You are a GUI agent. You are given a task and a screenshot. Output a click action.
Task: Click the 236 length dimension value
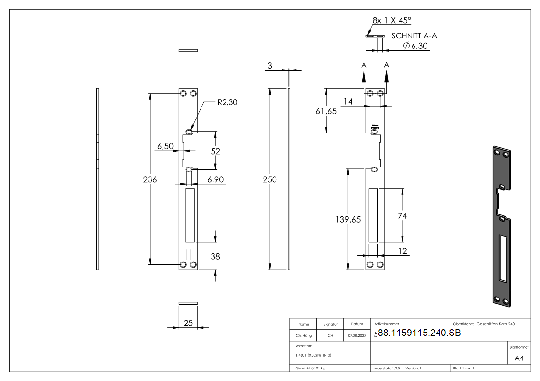[x=150, y=179]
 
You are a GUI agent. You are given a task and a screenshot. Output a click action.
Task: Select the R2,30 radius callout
[x=227, y=102]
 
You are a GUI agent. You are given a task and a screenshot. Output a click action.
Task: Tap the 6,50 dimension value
[x=165, y=146]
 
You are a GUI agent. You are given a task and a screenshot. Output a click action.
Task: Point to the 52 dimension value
[x=215, y=151]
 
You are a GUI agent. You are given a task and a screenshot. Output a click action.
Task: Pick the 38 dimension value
[x=215, y=257]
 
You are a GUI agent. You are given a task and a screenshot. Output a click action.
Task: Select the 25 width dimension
[x=188, y=323]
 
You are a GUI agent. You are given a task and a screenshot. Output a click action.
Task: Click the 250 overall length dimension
[x=270, y=179]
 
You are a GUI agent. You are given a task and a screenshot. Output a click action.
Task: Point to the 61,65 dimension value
[x=326, y=111]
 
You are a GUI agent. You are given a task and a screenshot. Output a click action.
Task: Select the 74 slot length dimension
[x=402, y=216]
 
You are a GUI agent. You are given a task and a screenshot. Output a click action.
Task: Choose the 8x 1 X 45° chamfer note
[x=392, y=20]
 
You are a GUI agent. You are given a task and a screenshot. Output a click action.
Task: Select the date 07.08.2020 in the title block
[x=356, y=336]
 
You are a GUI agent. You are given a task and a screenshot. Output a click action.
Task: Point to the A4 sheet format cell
[x=519, y=358]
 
